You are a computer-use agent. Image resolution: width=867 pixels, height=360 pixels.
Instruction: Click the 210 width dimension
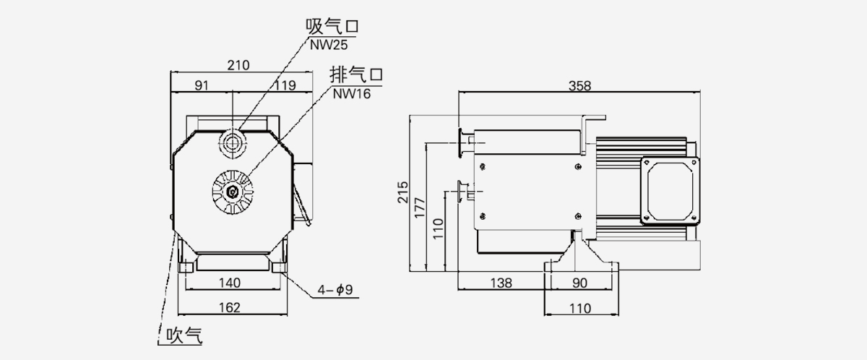pos(238,65)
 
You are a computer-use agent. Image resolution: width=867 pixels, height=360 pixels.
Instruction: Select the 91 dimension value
pos(202,85)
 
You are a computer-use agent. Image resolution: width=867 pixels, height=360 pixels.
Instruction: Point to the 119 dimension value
pos(285,85)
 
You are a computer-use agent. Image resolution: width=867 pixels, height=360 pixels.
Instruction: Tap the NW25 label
pos(329,44)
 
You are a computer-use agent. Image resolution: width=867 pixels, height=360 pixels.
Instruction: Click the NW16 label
pos(352,93)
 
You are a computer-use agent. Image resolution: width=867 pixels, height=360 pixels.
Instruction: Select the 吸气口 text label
pos(332,27)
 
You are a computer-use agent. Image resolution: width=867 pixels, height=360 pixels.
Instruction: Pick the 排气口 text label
pos(355,74)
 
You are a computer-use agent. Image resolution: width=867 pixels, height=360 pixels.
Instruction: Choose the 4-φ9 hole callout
pos(334,291)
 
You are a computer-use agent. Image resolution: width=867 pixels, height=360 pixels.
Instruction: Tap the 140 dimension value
pos(230,282)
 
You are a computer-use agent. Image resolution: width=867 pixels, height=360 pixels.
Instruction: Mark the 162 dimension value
pos(229,308)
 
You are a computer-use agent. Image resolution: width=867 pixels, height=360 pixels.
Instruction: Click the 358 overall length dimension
pos(579,85)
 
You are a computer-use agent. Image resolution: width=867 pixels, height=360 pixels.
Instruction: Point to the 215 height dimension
pos(403,192)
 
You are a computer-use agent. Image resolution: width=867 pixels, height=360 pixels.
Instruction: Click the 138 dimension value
pos(501,283)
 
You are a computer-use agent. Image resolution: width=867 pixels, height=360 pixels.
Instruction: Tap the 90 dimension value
pos(580,283)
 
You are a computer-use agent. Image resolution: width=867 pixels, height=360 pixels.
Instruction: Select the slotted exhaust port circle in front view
pos(233,192)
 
